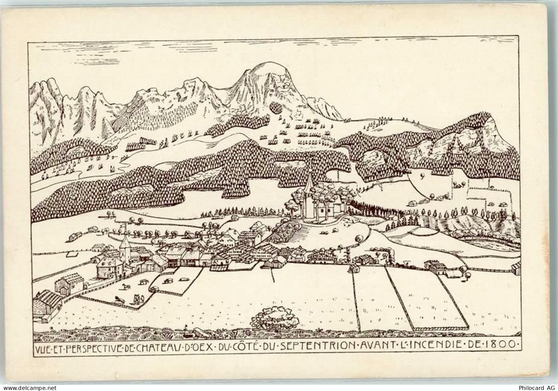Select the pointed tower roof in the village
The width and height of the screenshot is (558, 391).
point(124,242)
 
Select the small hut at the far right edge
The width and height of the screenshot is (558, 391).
point(515,268)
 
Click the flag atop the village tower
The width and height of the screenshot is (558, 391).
point(122,227)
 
